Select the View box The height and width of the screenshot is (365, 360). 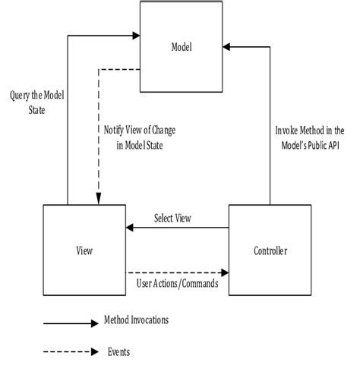[x=84, y=249]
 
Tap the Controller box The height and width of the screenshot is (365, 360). [x=269, y=249]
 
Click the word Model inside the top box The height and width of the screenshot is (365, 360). [x=183, y=48]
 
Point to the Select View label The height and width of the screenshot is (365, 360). [x=172, y=219]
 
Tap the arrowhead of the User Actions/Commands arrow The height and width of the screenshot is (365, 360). [x=224, y=272]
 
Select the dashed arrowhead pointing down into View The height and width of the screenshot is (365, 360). [x=98, y=199]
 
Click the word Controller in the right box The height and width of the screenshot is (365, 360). [x=269, y=250]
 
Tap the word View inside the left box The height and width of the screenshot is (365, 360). [x=84, y=250]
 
